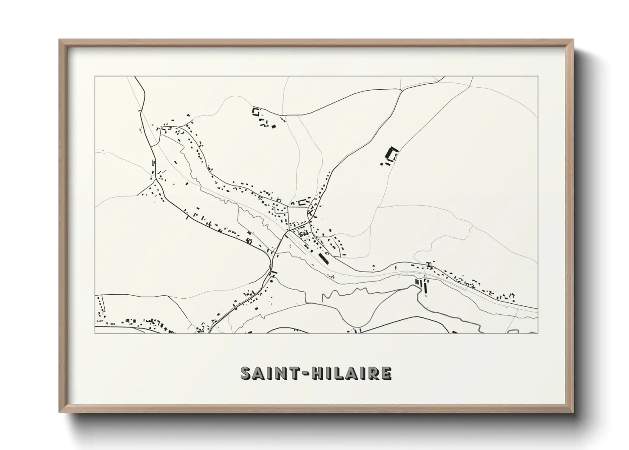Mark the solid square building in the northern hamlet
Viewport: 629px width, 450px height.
(274, 125)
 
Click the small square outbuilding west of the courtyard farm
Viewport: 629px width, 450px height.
(382, 163)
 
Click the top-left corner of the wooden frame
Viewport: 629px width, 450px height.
(59, 40)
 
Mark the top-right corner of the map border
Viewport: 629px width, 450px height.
(537, 77)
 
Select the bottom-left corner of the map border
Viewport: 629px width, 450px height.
(95, 333)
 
